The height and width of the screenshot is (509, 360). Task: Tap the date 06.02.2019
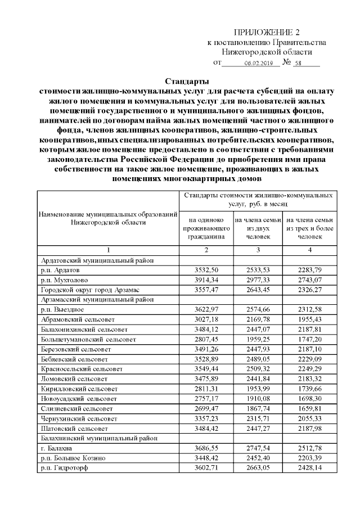click(258, 63)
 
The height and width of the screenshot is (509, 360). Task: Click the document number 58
click(298, 63)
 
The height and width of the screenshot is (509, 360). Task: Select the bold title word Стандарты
click(183, 82)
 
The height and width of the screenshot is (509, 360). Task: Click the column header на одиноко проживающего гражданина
click(206, 228)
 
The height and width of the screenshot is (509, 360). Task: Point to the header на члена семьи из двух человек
click(258, 228)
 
